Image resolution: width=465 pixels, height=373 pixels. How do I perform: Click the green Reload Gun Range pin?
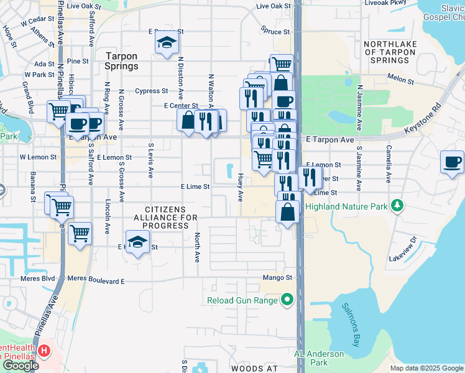[287, 301]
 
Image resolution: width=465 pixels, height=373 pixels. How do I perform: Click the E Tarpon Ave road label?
[329, 140]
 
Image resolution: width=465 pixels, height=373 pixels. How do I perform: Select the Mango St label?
[277, 277]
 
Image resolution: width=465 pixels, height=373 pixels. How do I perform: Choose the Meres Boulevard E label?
[96, 281]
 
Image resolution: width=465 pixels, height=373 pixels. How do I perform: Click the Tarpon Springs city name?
[121, 60]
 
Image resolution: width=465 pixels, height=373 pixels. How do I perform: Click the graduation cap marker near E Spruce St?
[165, 43]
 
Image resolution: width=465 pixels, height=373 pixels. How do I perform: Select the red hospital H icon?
[44, 351]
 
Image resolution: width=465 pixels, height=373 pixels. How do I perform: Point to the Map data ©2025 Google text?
[426, 368]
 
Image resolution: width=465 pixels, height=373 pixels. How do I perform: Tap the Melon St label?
[400, 81]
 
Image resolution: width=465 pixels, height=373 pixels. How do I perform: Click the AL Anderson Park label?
[319, 358]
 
